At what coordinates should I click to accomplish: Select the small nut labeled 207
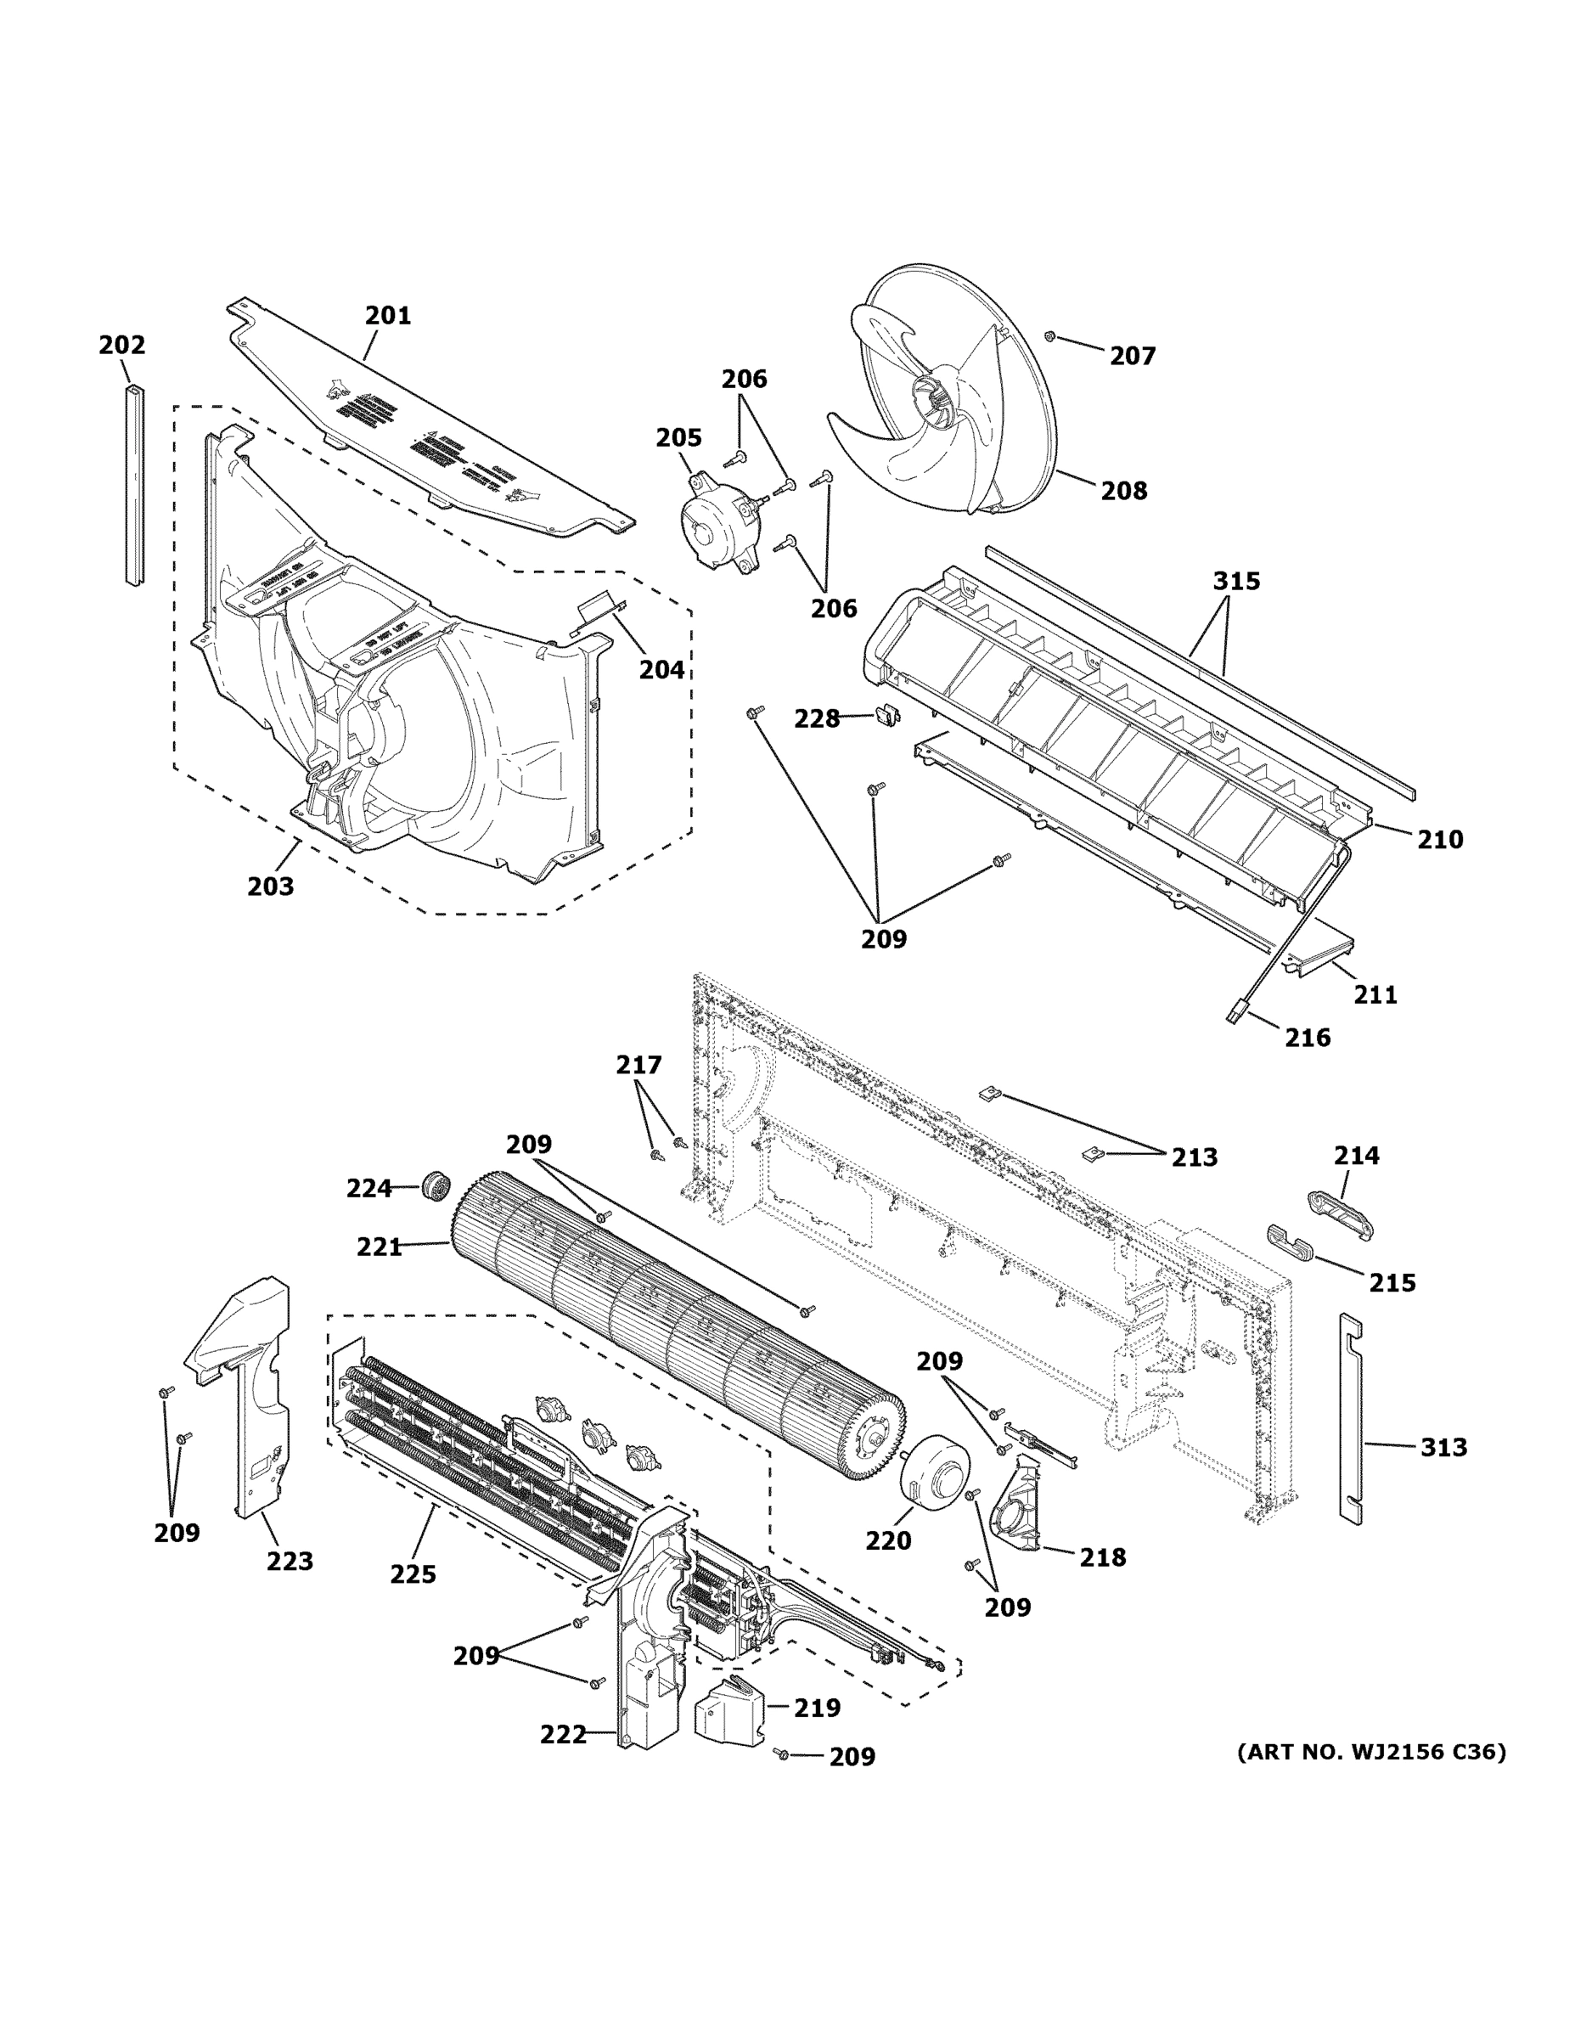pos(1049,335)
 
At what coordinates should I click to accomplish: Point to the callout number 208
pos(1123,491)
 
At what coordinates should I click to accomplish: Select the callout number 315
pos(1235,582)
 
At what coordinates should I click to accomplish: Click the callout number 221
pos(379,1247)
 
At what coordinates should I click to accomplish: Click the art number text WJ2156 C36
pos(1370,1752)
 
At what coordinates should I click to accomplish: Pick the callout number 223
pos(290,1561)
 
